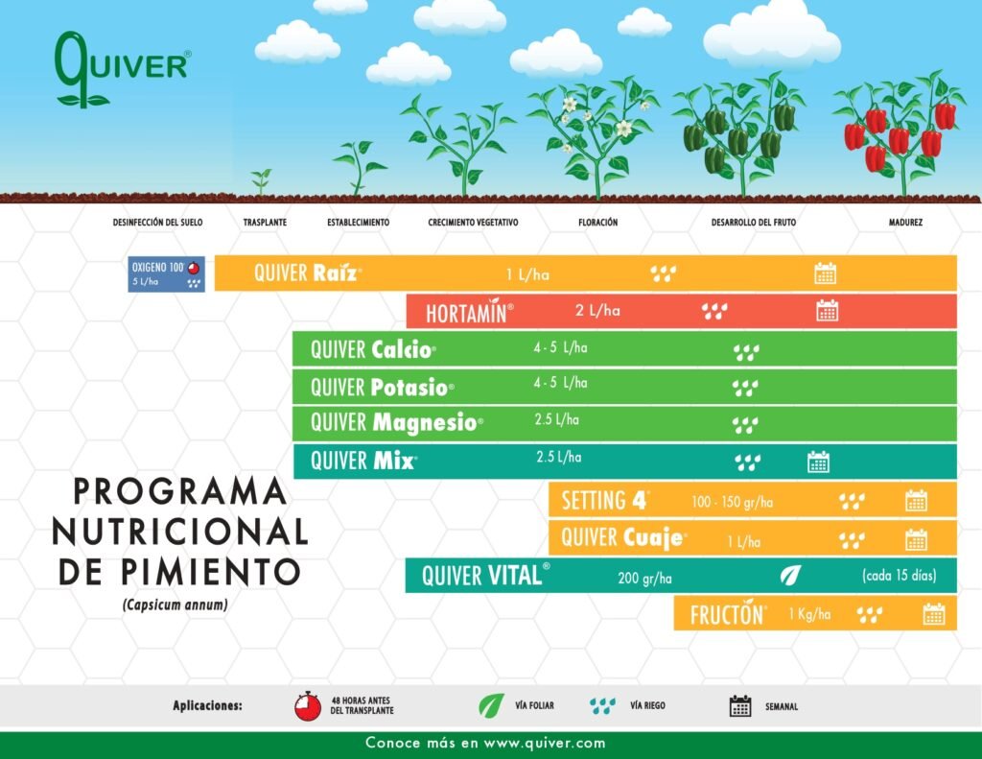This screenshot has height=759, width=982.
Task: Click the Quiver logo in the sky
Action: [122, 69]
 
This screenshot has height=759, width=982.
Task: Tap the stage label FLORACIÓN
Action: [597, 222]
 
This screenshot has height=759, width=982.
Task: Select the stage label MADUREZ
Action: [905, 222]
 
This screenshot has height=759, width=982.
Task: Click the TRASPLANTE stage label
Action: [265, 222]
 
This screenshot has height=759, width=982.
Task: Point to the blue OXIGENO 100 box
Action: [166, 273]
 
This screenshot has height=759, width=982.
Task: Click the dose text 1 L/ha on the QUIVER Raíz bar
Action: [527, 273]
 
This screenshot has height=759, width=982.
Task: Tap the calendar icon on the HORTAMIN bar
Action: [828, 310]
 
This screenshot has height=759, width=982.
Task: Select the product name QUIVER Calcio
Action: [373, 349]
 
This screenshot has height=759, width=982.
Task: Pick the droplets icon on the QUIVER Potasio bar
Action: [745, 388]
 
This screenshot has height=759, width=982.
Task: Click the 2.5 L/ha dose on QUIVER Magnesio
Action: [557, 419]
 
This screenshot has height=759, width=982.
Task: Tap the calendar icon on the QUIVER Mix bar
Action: [819, 462]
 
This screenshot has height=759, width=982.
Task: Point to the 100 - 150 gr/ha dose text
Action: [732, 502]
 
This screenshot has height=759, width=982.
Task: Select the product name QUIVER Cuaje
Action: [623, 537]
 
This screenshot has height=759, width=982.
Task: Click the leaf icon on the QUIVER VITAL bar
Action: [790, 576]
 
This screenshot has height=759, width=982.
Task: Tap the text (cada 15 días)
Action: [900, 576]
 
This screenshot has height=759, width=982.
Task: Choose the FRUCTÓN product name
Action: [727, 614]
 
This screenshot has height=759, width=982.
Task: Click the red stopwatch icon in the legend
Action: [308, 705]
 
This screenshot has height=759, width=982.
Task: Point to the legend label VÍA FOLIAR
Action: [534, 705]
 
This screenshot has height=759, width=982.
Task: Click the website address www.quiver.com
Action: [545, 744]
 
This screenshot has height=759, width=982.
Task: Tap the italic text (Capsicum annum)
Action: [175, 605]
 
